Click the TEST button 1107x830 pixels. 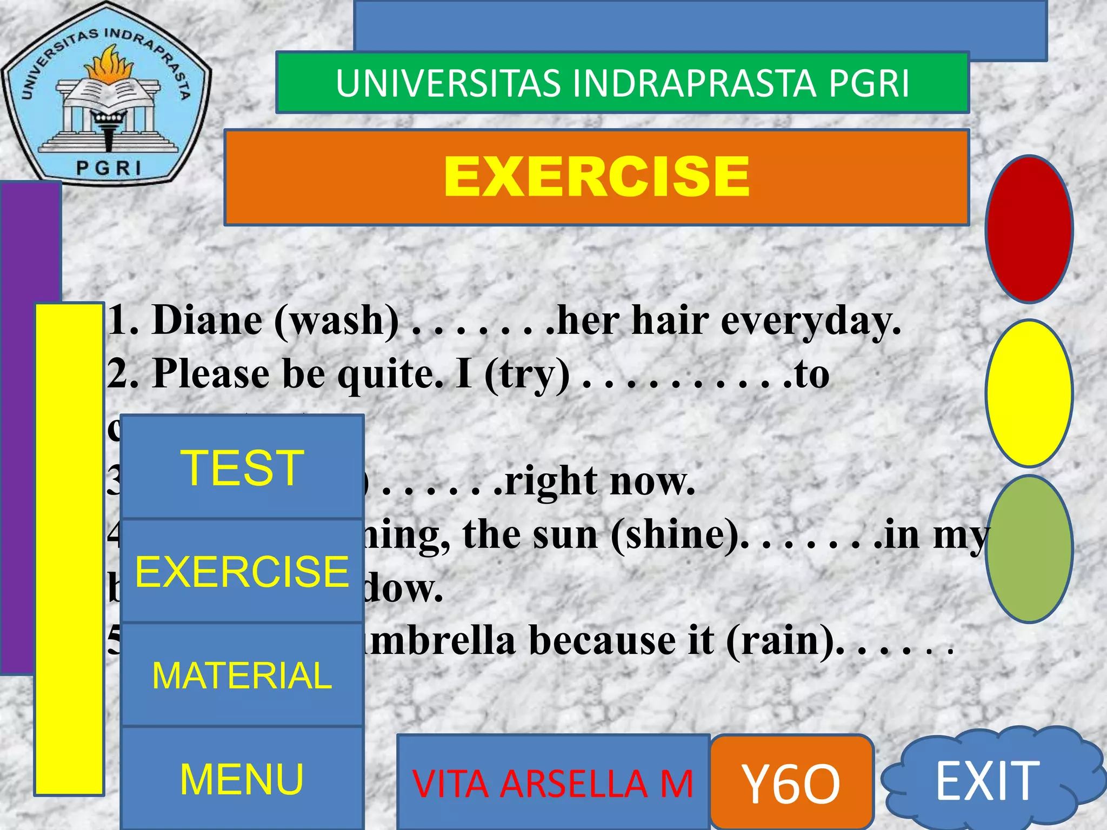242,467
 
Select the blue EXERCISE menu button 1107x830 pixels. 242,571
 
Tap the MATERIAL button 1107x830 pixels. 242,675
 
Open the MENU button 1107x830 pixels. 242,778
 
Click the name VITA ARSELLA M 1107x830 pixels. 552,784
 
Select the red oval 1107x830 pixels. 1029,229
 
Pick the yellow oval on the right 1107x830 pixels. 1029,393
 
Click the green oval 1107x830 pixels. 1029,548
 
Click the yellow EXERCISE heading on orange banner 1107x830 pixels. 597,177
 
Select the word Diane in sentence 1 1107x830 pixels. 208,320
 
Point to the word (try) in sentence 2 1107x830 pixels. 526,374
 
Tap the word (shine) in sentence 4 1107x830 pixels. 676,534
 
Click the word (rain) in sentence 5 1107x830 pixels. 781,641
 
